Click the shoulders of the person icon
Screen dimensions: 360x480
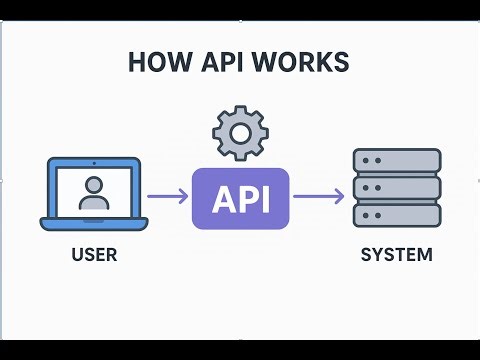tap(94, 203)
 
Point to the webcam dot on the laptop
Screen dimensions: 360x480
tap(94, 162)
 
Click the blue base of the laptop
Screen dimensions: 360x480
tap(94, 224)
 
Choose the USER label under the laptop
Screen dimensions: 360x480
tap(94, 255)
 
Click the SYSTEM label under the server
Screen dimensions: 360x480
tap(397, 255)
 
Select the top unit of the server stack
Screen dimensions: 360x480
tap(397, 161)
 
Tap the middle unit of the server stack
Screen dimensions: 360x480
tap(397, 187)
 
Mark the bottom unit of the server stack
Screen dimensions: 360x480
tap(397, 214)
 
